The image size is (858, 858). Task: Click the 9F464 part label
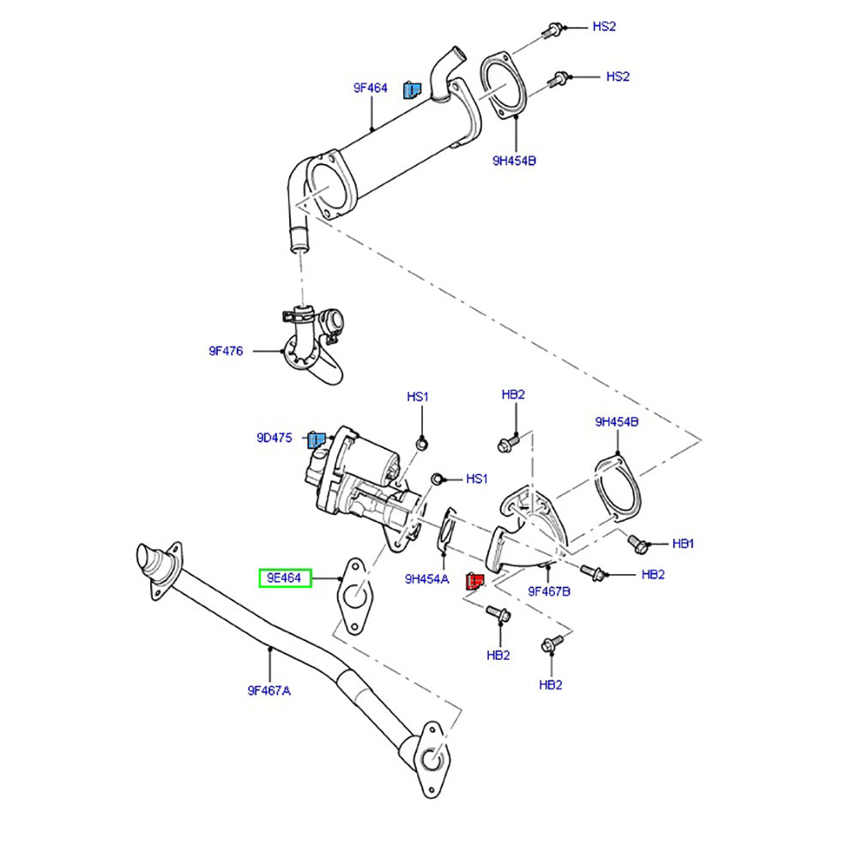(371, 88)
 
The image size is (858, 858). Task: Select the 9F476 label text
(226, 350)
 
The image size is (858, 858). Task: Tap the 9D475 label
(274, 438)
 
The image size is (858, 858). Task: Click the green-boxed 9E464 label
(284, 578)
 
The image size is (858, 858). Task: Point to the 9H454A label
(426, 579)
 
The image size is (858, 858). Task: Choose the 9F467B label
(549, 590)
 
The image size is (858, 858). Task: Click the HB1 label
(684, 543)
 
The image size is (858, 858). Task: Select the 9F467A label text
(269, 689)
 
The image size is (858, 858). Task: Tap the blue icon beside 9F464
(411, 88)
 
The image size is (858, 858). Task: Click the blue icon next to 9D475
(317, 441)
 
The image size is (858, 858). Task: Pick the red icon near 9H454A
(473, 583)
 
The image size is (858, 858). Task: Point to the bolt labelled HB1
(637, 542)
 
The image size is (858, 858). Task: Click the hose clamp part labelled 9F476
(313, 343)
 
